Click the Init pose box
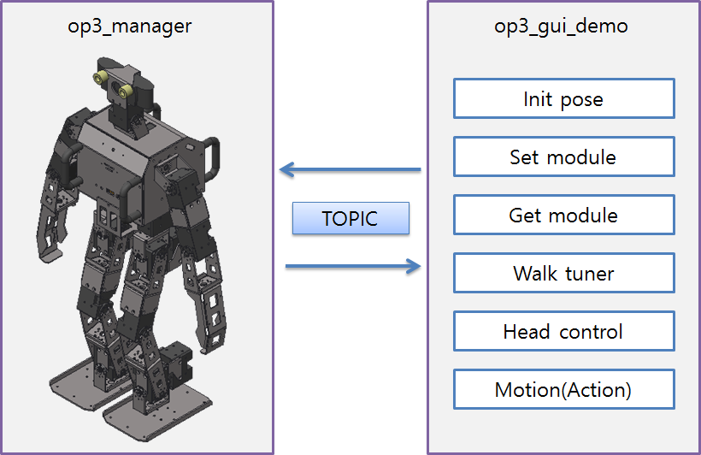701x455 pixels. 563,98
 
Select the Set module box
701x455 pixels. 563,157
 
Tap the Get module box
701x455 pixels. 563,215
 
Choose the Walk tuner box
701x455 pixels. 563,273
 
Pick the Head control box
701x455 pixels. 563,331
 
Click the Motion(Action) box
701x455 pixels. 563,389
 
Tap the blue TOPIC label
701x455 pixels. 350,218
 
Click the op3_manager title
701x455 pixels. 130,26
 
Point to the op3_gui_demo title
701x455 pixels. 561,26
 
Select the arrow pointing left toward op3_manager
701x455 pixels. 350,170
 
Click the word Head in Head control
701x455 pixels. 527,331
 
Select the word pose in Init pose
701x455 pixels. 581,99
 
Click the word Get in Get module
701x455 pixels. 525,215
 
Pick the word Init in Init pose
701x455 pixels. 537,98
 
